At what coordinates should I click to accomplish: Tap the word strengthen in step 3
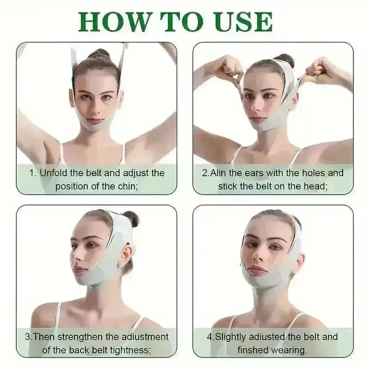click(x=80, y=337)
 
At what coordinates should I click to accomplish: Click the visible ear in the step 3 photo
click(x=126, y=257)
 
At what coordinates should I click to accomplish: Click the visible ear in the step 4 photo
click(x=298, y=262)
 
